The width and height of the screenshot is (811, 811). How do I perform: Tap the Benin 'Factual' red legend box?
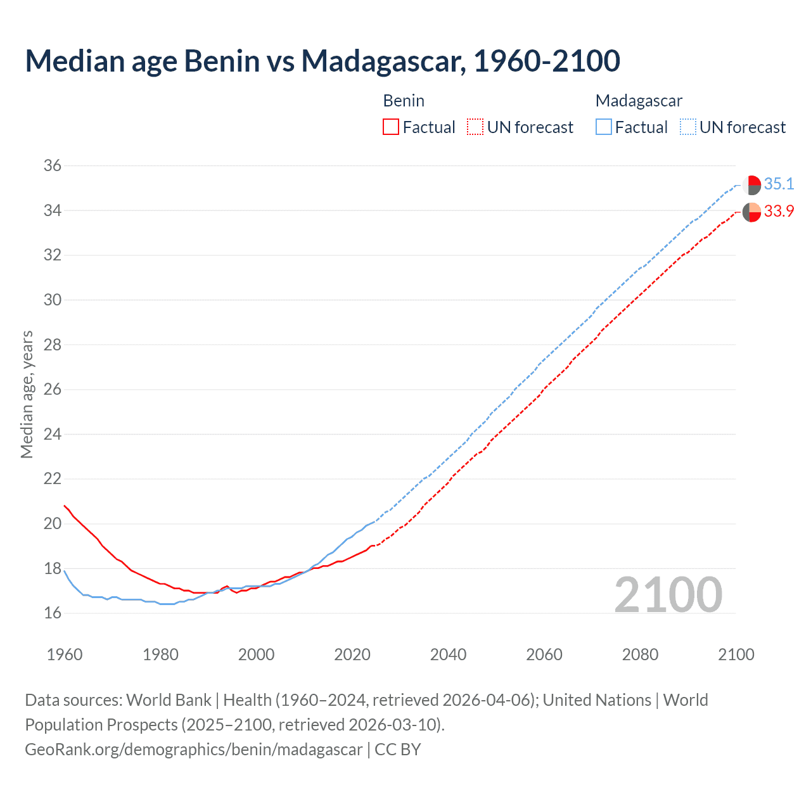click(x=391, y=127)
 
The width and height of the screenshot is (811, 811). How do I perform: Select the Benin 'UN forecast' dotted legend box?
click(x=475, y=127)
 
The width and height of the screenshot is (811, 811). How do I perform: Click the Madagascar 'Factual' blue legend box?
click(x=604, y=127)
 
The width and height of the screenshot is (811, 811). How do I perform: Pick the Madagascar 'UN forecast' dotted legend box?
click(x=688, y=127)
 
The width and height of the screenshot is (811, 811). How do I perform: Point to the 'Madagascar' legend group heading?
click(x=639, y=101)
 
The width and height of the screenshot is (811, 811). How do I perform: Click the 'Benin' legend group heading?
click(x=404, y=101)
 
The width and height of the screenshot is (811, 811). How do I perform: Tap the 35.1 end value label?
click(x=779, y=184)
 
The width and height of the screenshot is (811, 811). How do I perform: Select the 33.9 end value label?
click(x=779, y=212)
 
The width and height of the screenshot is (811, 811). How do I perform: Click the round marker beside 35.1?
click(x=751, y=185)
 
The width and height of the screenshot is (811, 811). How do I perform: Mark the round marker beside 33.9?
click(x=751, y=212)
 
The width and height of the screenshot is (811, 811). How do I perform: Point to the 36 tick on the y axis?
click(x=52, y=166)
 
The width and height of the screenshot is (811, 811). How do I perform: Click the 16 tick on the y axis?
click(x=52, y=613)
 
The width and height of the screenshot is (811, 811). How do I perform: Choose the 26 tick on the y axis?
click(x=52, y=390)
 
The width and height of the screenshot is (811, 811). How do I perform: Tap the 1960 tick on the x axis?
click(x=65, y=655)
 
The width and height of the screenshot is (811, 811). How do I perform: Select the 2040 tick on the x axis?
click(x=448, y=655)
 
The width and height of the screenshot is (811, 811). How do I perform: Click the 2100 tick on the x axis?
click(x=736, y=655)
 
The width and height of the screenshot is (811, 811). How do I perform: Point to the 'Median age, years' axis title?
click(x=27, y=394)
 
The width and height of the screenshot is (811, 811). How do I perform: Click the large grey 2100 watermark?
click(x=668, y=594)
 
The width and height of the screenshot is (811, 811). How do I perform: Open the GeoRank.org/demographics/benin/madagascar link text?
click(x=193, y=750)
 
